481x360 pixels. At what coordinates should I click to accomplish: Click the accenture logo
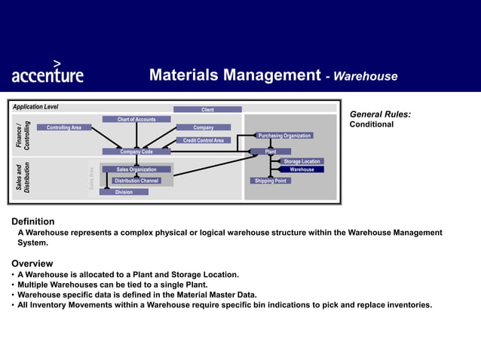47,73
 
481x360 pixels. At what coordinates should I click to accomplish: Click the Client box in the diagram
207,110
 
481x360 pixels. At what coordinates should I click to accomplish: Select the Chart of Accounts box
136,119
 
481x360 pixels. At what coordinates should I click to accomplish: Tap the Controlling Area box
64,128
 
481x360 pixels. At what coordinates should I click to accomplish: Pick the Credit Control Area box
204,140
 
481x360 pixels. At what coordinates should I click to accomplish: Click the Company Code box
136,152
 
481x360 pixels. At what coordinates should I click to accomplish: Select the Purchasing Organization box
284,136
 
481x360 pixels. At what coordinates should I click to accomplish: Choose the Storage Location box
302,161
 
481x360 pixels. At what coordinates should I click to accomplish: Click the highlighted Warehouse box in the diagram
302,169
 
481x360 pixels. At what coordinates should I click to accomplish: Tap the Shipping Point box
270,181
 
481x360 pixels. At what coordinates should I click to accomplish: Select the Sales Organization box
136,169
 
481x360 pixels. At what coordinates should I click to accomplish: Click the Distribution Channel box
136,181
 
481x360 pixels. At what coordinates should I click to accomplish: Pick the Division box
124,192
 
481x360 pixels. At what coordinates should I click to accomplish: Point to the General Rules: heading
380,114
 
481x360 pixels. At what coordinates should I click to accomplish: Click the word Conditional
372,124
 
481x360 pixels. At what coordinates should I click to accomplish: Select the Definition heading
32,221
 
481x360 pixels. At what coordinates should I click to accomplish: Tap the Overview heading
32,264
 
